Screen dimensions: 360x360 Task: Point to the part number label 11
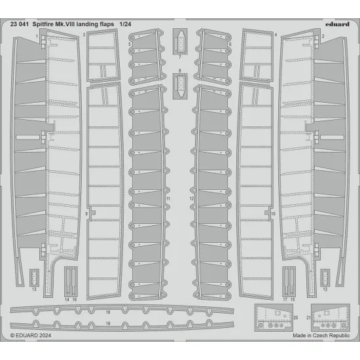[x=168, y=198]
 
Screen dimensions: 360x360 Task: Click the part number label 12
[x=192, y=198]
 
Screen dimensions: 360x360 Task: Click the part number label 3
[x=85, y=34]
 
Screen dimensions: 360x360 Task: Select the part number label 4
[x=276, y=34]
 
